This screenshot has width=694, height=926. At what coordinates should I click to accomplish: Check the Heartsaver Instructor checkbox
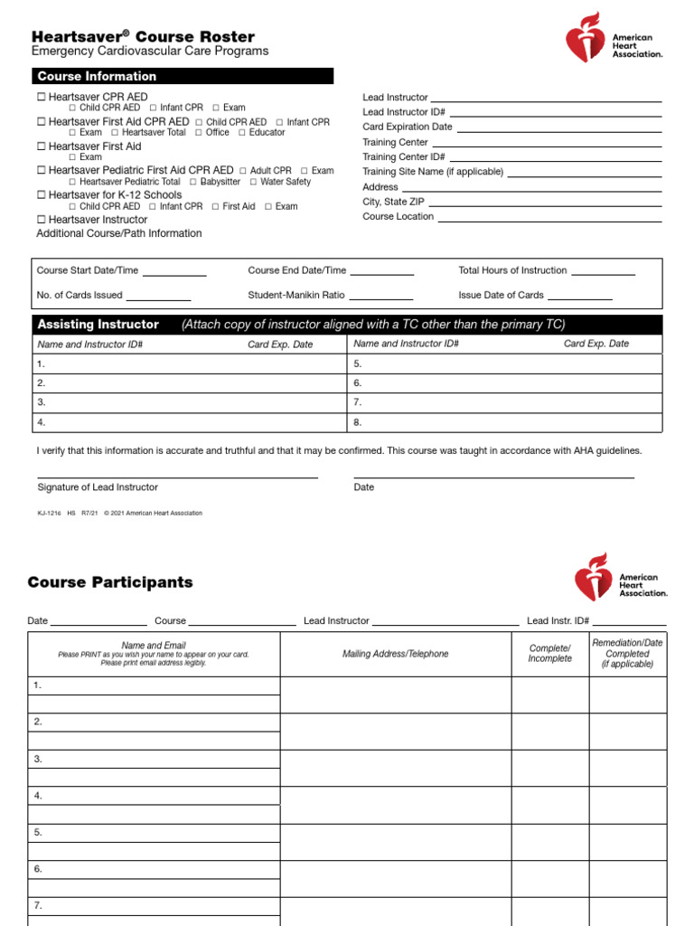(x=41, y=220)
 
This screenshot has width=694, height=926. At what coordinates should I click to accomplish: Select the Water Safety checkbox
(x=253, y=182)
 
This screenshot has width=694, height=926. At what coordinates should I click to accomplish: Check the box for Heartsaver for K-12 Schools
(x=41, y=195)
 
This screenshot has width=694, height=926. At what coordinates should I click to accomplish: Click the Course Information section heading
(x=97, y=77)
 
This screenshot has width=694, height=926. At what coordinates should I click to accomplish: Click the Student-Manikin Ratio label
(x=295, y=295)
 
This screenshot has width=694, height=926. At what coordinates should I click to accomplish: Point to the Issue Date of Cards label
(x=501, y=295)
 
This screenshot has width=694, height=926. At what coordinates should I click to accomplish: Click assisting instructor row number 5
(x=358, y=364)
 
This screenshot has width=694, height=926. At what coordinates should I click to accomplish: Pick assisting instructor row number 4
(x=41, y=422)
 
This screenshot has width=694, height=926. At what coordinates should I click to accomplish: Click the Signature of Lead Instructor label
(x=98, y=487)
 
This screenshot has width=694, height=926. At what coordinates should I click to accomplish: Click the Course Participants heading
(x=110, y=582)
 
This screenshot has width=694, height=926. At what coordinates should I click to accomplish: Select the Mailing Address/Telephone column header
(x=395, y=654)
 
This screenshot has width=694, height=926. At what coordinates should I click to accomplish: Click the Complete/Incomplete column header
(x=549, y=654)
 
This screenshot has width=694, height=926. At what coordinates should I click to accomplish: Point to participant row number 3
(x=38, y=759)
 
